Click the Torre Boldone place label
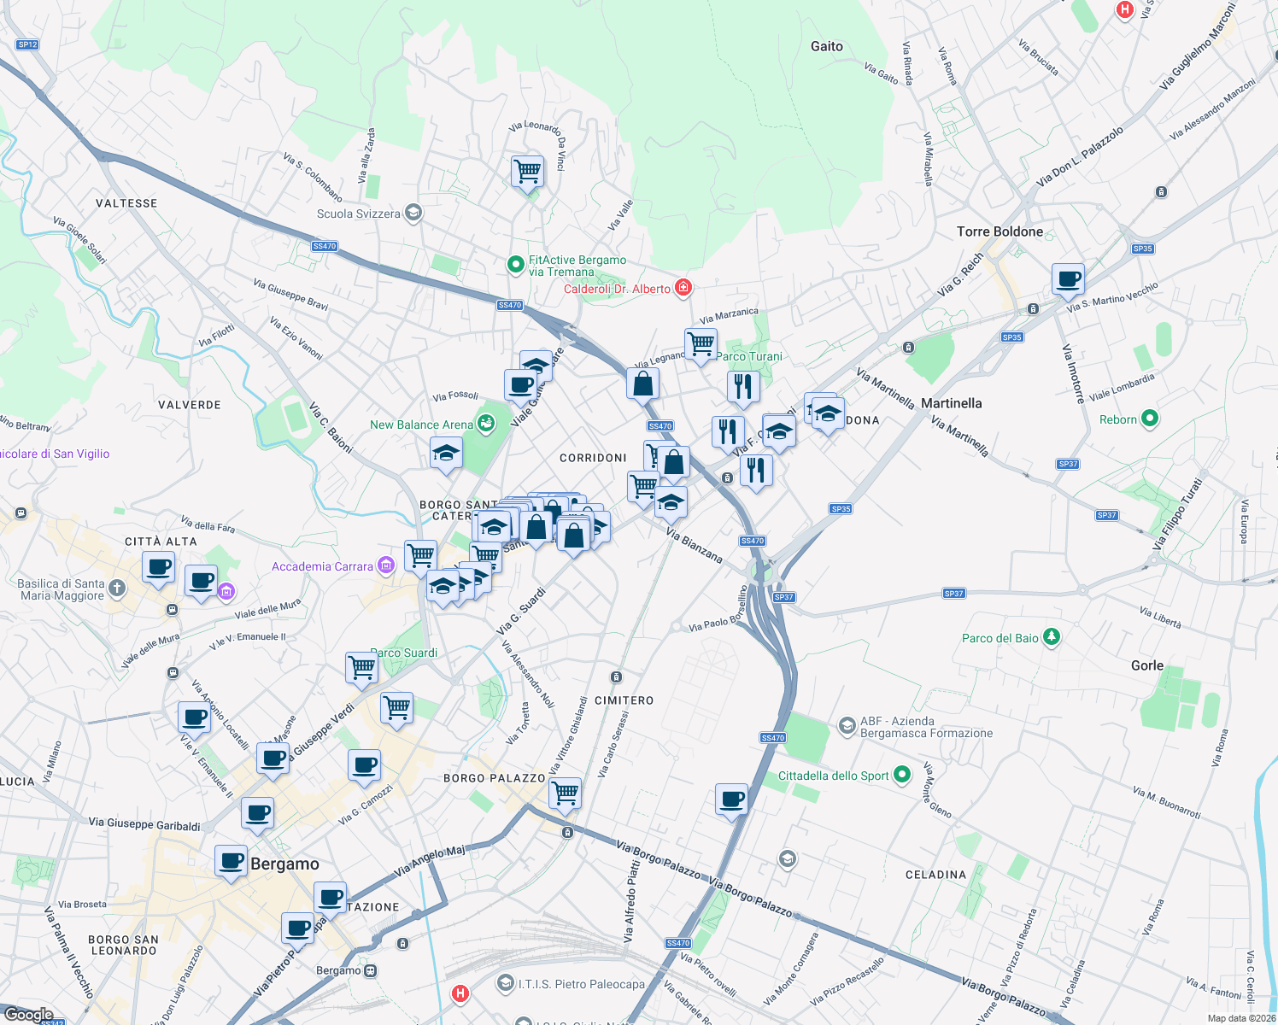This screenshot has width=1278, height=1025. click(x=1000, y=231)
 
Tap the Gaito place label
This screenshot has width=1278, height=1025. click(x=826, y=47)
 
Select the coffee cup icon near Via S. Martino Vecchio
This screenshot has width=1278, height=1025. click(x=1068, y=278)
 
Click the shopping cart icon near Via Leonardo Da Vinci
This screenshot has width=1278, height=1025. click(x=528, y=172)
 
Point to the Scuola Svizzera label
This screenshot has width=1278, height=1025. click(x=359, y=214)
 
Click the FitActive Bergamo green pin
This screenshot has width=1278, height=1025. click(x=515, y=266)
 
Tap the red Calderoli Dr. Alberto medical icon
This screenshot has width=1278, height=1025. click(x=683, y=288)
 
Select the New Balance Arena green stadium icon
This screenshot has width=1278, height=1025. click(x=486, y=424)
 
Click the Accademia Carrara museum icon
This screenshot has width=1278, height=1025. click(x=386, y=565)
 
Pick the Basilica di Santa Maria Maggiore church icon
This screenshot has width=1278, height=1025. click(x=117, y=589)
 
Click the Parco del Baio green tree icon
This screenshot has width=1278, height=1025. click(x=1052, y=637)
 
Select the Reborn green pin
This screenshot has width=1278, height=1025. click(x=1150, y=419)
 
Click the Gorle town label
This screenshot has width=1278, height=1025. click(x=1147, y=665)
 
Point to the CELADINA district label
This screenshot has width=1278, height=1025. click(x=935, y=875)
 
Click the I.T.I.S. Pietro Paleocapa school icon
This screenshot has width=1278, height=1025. click(x=506, y=984)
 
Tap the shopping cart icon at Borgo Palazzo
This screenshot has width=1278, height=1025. click(x=566, y=793)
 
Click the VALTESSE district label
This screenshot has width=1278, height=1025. click(x=126, y=203)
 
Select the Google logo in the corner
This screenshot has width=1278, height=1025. click(x=28, y=1015)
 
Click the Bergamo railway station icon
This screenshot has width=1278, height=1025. click(x=370, y=971)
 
